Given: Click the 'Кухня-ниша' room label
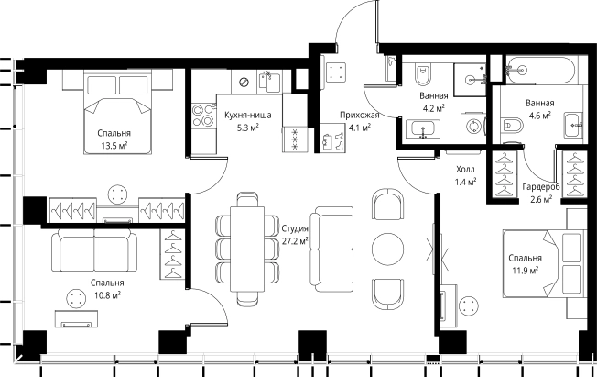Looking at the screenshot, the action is (x=248, y=116).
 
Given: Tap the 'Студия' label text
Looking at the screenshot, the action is (x=295, y=228).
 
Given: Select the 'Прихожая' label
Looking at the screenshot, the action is (x=360, y=116).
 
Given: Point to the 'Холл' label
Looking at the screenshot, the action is (x=465, y=169).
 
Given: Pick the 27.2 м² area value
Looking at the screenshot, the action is (x=295, y=241).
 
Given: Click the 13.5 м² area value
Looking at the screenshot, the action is (x=114, y=145).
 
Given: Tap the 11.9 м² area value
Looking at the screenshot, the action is (x=525, y=271).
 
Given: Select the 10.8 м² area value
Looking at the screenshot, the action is (x=107, y=295).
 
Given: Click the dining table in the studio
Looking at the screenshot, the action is (x=247, y=249).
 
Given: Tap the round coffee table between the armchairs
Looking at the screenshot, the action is (x=387, y=249).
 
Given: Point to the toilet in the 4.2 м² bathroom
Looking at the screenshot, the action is (x=422, y=75).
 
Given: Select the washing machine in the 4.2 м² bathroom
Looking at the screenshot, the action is (x=473, y=125).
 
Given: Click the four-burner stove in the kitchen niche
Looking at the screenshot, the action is (x=202, y=116).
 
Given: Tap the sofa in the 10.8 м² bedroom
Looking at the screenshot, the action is (x=94, y=250).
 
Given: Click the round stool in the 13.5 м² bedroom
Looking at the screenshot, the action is (x=116, y=194).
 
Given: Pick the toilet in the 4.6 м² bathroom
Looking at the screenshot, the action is (x=512, y=125).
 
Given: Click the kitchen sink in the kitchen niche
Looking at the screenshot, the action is (x=269, y=82).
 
